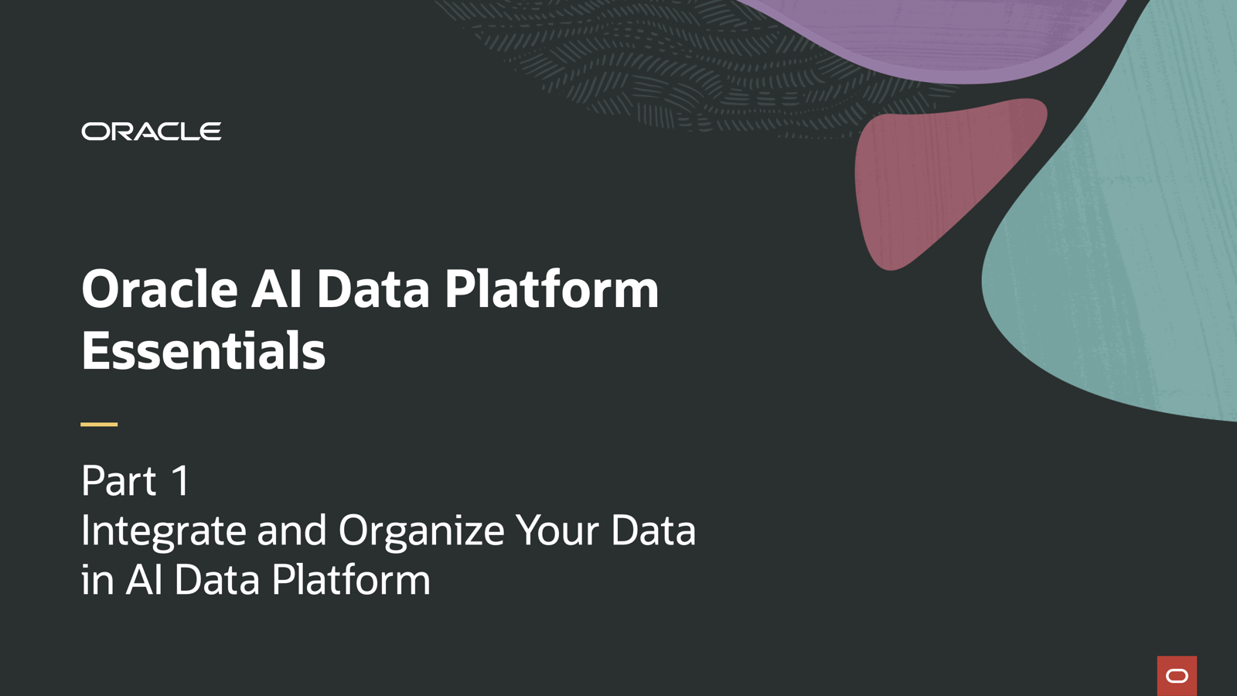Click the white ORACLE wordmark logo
(152, 131)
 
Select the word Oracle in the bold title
(159, 290)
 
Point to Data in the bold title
(373, 290)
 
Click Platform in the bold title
(551, 290)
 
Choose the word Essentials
(203, 352)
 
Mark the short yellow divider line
(99, 424)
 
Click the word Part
(119, 481)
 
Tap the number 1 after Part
(180, 481)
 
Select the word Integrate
(163, 532)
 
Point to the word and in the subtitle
(291, 531)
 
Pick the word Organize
(421, 532)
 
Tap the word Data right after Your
(653, 531)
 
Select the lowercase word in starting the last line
(97, 581)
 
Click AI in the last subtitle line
(144, 581)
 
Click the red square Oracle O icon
(1177, 676)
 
